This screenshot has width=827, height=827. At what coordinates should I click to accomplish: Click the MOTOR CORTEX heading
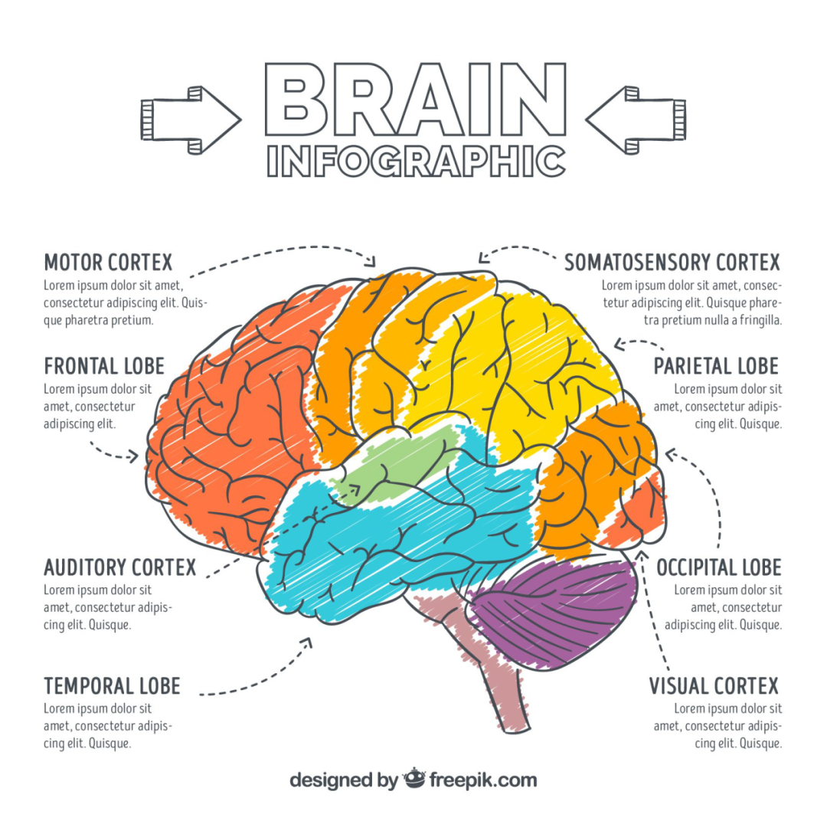pos(108,263)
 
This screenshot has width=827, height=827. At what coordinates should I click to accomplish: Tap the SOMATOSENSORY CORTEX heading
pos(672,263)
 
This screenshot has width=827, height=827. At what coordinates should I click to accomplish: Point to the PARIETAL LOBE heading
pos(716,365)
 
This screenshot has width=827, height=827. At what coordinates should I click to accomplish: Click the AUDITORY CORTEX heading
pos(120,567)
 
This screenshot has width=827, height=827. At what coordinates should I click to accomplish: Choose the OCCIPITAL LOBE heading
pos(718,567)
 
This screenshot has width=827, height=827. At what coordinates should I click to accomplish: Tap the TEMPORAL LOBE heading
pos(112,685)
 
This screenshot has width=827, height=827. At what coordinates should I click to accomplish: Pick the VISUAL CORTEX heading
pos(714,685)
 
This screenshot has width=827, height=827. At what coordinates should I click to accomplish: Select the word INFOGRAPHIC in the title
pos(416,161)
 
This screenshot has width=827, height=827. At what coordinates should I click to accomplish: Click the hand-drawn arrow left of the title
pos(191,119)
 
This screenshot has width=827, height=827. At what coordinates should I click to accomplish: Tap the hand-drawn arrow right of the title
pos(636,119)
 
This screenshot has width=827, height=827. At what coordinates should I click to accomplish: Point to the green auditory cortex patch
pos(398,463)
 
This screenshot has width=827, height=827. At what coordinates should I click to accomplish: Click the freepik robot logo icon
pos(413,779)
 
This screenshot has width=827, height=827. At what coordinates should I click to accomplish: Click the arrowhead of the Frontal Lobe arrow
pos(135,457)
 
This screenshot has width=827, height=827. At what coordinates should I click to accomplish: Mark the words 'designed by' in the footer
pos(343,780)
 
